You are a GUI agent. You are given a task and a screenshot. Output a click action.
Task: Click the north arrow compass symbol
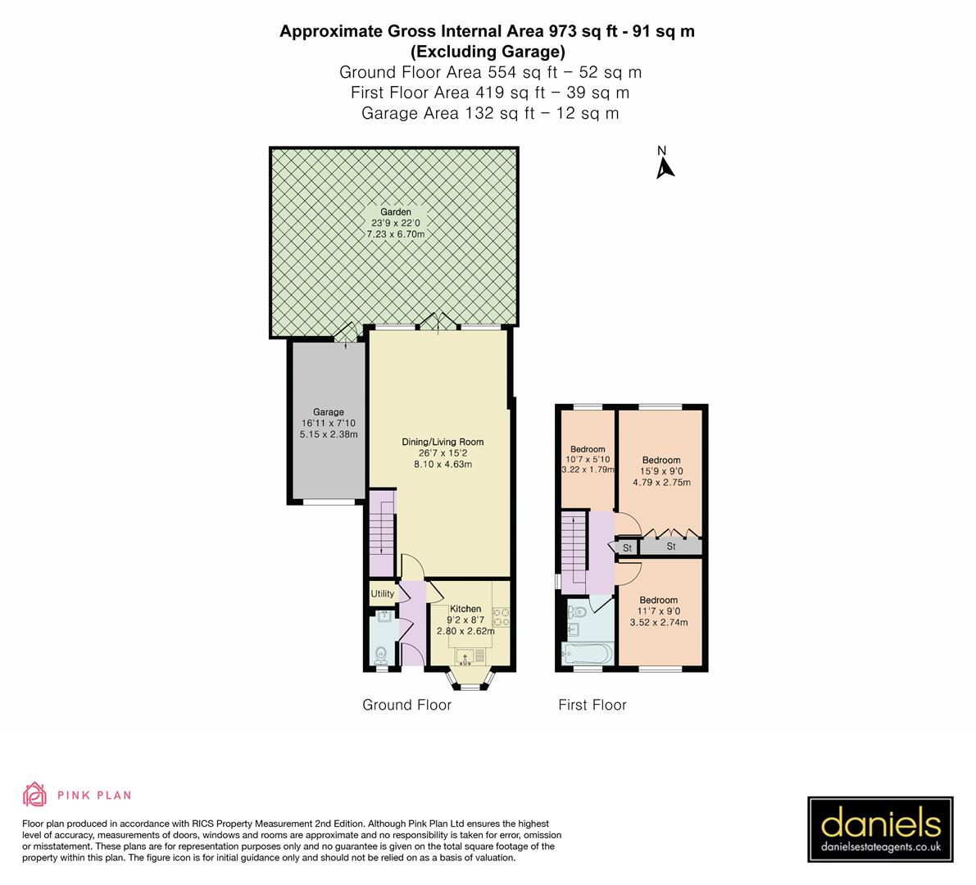tap(665, 164)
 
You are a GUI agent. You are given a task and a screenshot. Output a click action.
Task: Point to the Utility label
tap(382, 594)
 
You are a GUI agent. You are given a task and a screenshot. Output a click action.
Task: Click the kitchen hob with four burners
tap(501, 616)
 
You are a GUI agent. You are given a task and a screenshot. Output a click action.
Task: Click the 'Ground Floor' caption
tap(407, 705)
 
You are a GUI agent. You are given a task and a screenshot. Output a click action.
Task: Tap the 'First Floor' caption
tap(592, 705)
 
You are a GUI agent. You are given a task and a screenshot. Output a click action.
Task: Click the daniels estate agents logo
tap(880, 829)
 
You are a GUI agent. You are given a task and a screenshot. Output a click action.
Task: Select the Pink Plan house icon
tap(34, 794)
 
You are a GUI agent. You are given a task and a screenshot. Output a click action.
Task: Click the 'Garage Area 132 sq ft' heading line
tap(489, 113)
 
